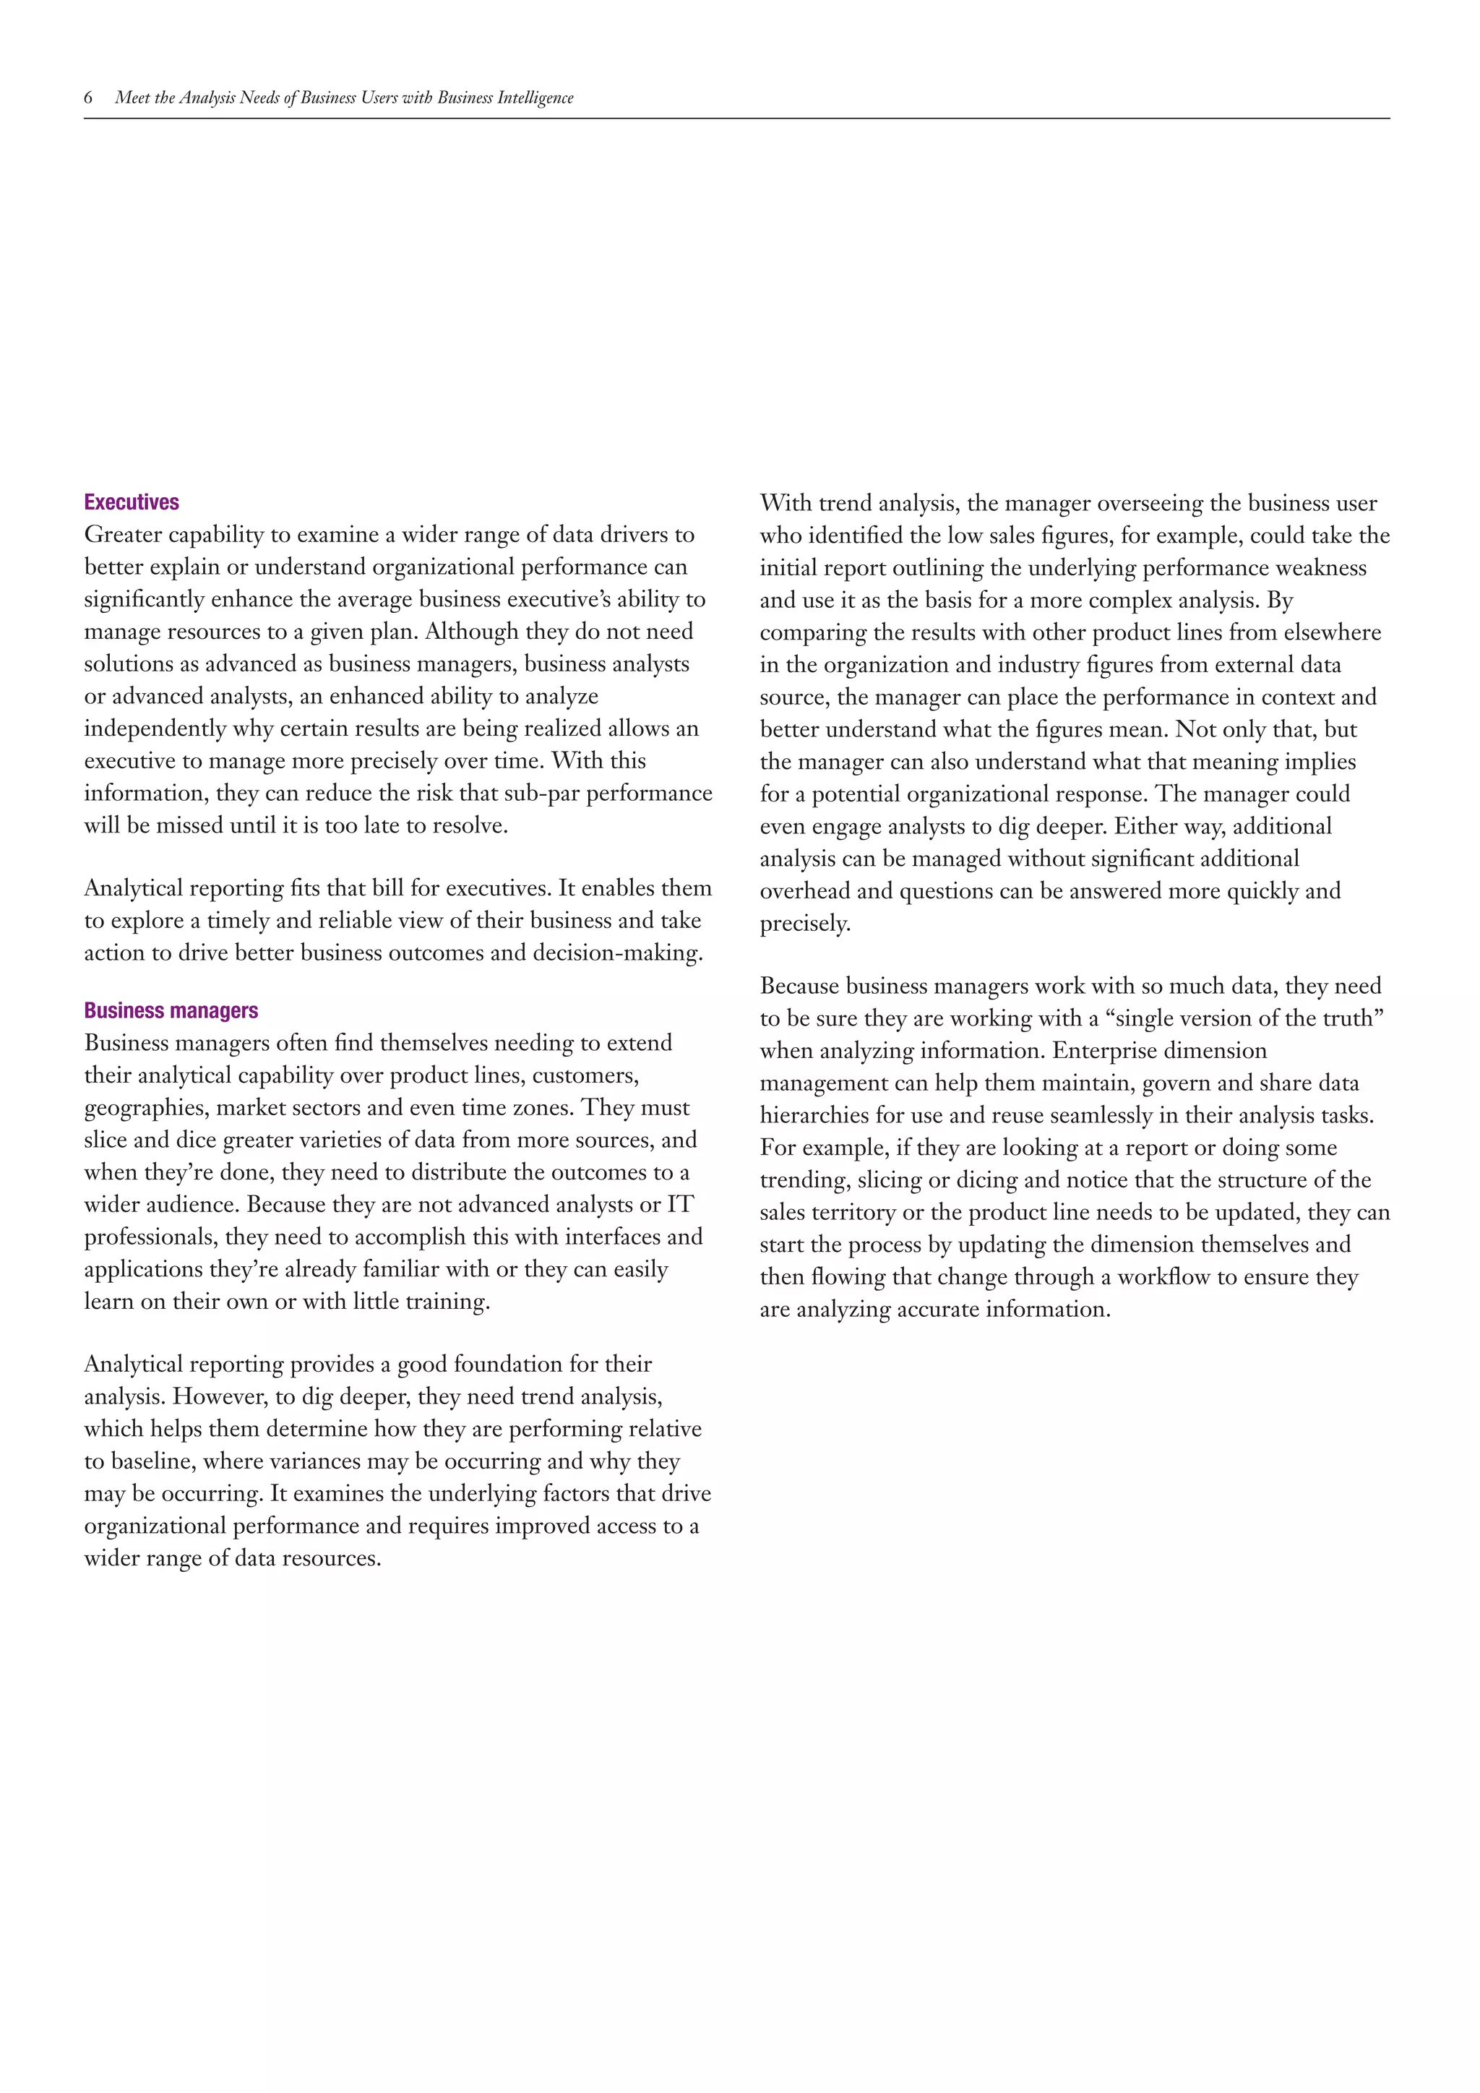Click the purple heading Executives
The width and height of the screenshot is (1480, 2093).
point(132,502)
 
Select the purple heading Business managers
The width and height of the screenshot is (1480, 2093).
point(171,1010)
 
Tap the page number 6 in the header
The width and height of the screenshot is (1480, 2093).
point(88,98)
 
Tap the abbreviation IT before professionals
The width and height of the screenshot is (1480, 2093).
point(680,1205)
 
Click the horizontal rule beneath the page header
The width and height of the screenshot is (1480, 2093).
point(736,119)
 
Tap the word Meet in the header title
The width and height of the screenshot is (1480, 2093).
point(132,98)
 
